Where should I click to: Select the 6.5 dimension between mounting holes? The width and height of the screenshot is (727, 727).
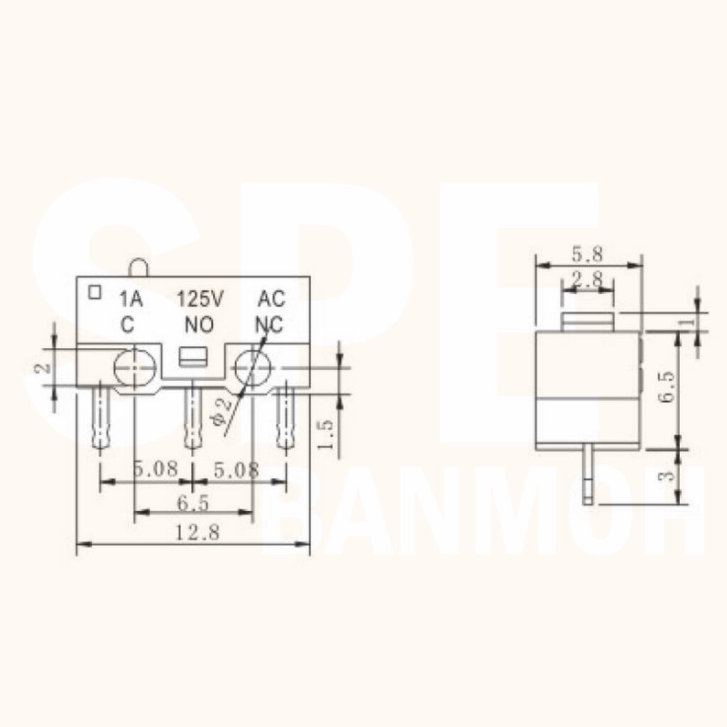coord(193,503)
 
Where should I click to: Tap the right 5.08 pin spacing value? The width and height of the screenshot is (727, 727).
coord(236,470)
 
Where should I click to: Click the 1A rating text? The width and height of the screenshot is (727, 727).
coord(131,299)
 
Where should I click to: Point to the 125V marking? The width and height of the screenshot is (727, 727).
coord(200,299)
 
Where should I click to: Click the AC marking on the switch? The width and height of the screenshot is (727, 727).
coord(271,299)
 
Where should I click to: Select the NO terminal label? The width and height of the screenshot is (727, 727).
coord(199,324)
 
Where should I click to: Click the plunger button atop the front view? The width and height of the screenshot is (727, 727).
coord(138,268)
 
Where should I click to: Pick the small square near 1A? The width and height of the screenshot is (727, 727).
coord(94,292)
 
